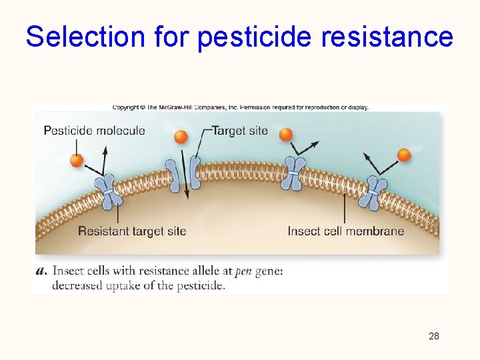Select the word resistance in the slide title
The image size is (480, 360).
pyautogui.click(x=387, y=37)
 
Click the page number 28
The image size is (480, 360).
pyautogui.click(x=433, y=336)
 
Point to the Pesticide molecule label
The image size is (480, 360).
pyautogui.click(x=94, y=131)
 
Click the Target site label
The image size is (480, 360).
pyautogui.click(x=239, y=131)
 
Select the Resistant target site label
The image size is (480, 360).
pyautogui.click(x=132, y=231)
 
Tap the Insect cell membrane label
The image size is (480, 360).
pyautogui.click(x=345, y=231)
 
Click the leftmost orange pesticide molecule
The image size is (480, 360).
pyautogui.click(x=77, y=161)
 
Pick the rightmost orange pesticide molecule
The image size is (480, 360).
pyautogui.click(x=404, y=155)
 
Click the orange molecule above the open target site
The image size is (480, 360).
pyautogui.click(x=181, y=137)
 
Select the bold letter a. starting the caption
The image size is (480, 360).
pyautogui.click(x=43, y=271)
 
